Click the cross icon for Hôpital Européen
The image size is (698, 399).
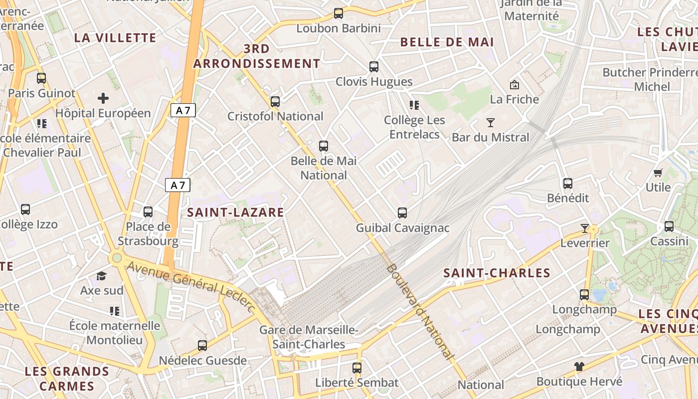click(x=103, y=98)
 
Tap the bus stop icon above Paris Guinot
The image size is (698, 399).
click(x=41, y=78)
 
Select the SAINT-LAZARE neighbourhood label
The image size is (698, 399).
click(x=235, y=212)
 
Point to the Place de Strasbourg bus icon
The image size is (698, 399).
click(x=148, y=211)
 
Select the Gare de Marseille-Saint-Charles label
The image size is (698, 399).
click(x=309, y=337)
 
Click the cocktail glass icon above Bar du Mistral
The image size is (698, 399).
click(x=491, y=122)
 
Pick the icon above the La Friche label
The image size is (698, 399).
click(x=515, y=85)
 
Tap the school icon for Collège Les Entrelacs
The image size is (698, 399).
click(x=414, y=105)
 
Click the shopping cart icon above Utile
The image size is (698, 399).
click(x=658, y=173)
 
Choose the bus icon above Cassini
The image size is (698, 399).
click(x=669, y=226)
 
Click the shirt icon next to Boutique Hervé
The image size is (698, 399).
click(x=579, y=367)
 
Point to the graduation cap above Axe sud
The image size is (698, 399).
click(x=102, y=276)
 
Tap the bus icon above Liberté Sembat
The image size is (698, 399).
click(x=357, y=368)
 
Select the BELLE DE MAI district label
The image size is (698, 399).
click(x=447, y=42)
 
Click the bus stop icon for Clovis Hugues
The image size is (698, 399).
click(x=374, y=66)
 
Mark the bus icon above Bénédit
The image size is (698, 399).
click(x=568, y=183)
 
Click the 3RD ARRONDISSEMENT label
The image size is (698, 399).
click(x=257, y=56)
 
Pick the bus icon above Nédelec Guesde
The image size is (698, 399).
click(x=202, y=345)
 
